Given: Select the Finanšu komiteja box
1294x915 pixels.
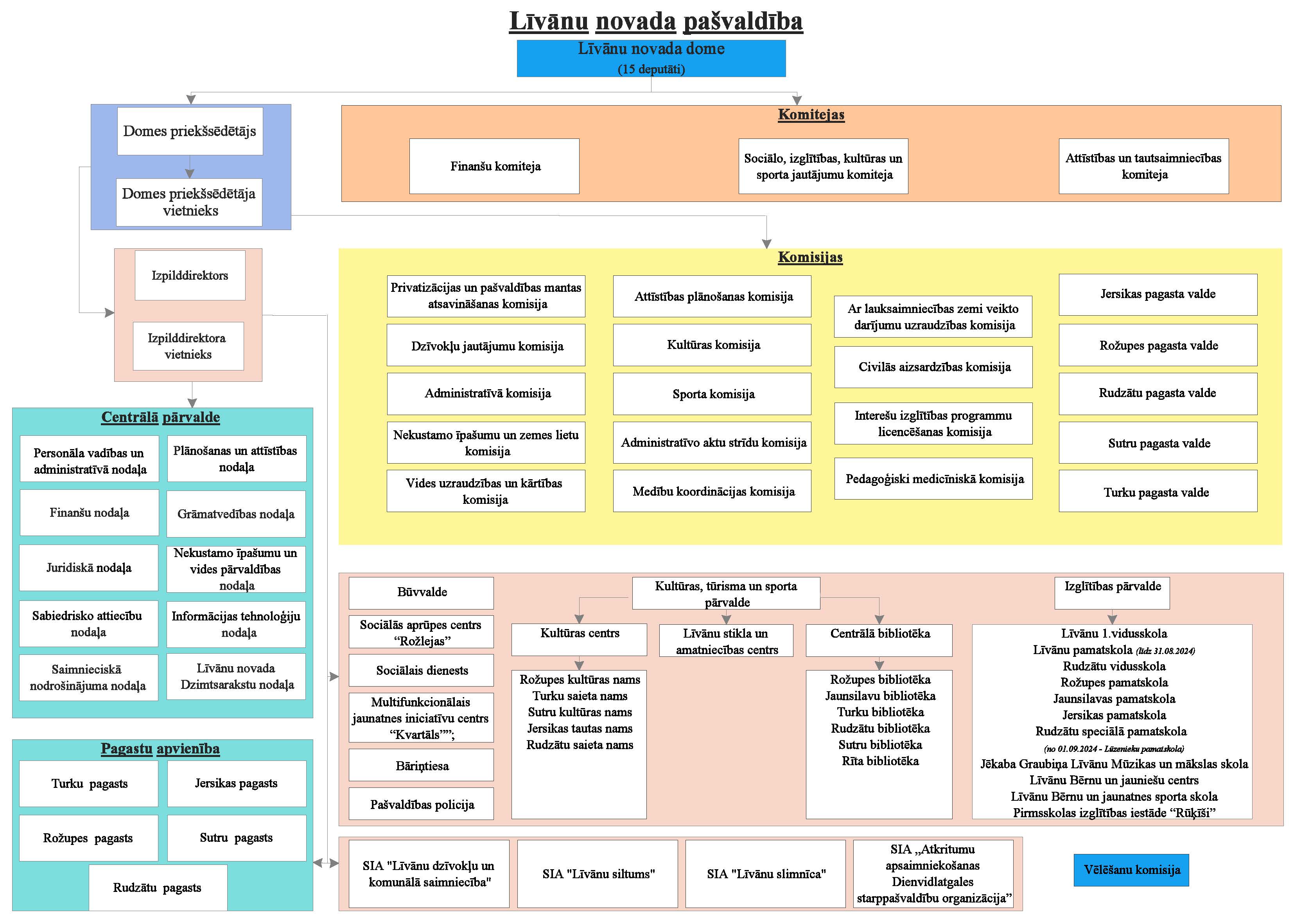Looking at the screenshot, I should pyautogui.click(x=494, y=166).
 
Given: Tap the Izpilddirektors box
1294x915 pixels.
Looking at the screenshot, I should pyautogui.click(x=190, y=275).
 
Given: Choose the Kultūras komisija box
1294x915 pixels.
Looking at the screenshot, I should pyautogui.click(x=713, y=345).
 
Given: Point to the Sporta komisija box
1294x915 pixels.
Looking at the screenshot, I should pyautogui.click(x=713, y=394).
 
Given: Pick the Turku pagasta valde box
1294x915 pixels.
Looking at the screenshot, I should pyautogui.click(x=1158, y=492).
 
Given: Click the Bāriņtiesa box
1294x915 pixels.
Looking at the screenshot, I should pyautogui.click(x=422, y=766).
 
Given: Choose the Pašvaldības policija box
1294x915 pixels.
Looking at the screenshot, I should pyautogui.click(x=422, y=805).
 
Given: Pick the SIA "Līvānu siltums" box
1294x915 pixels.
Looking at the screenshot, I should pyautogui.click(x=598, y=874).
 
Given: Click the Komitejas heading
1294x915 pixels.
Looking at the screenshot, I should pyautogui.click(x=811, y=115).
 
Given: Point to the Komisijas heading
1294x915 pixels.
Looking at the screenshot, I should pyautogui.click(x=810, y=257).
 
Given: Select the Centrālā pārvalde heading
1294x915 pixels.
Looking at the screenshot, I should pyautogui.click(x=161, y=417).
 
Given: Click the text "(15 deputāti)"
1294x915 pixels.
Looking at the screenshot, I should pyautogui.click(x=651, y=69).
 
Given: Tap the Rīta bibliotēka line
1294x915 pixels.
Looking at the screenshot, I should pyautogui.click(x=880, y=761).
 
